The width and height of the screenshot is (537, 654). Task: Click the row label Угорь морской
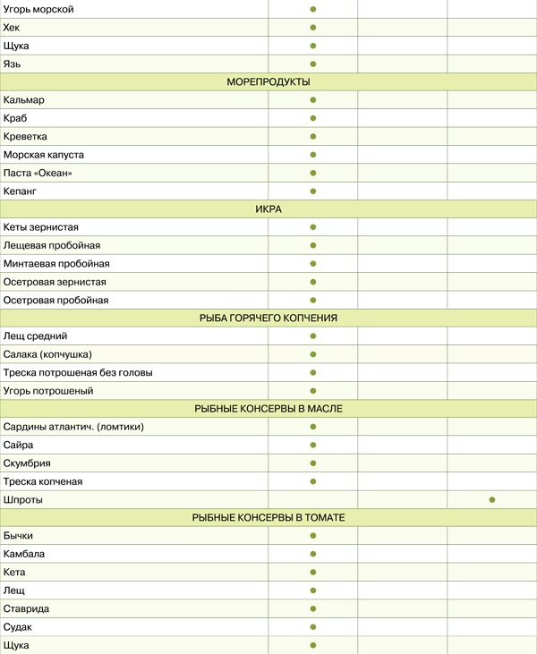pyautogui.click(x=38, y=9)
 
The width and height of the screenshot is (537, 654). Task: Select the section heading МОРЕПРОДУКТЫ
pyautogui.click(x=268, y=81)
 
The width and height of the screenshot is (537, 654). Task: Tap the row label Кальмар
pyautogui.click(x=24, y=100)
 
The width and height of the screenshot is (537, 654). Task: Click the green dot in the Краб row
pyautogui.click(x=313, y=118)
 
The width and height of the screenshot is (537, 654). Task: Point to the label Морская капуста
pyautogui.click(x=44, y=155)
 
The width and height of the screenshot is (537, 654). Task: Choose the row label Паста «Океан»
pyautogui.click(x=38, y=173)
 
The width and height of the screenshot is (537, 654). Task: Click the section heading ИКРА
pyautogui.click(x=268, y=209)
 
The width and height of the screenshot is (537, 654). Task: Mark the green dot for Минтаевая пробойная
pyautogui.click(x=313, y=264)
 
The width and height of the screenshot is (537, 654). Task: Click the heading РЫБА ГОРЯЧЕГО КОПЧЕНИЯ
pyautogui.click(x=268, y=318)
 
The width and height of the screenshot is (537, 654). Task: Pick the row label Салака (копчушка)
pyautogui.click(x=47, y=354)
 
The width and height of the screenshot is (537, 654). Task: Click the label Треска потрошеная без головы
pyautogui.click(x=78, y=372)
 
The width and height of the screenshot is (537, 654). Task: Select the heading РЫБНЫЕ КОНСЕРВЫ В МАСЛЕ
pyautogui.click(x=268, y=409)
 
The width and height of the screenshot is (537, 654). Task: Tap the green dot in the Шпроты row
pyautogui.click(x=492, y=499)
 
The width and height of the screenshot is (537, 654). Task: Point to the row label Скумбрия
pyautogui.click(x=27, y=463)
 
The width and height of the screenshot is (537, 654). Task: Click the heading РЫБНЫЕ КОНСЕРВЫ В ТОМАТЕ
pyautogui.click(x=268, y=518)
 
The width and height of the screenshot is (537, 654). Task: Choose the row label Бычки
pyautogui.click(x=19, y=536)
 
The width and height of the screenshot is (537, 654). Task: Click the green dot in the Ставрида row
pyautogui.click(x=313, y=608)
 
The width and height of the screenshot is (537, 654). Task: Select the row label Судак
pyautogui.click(x=19, y=626)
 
